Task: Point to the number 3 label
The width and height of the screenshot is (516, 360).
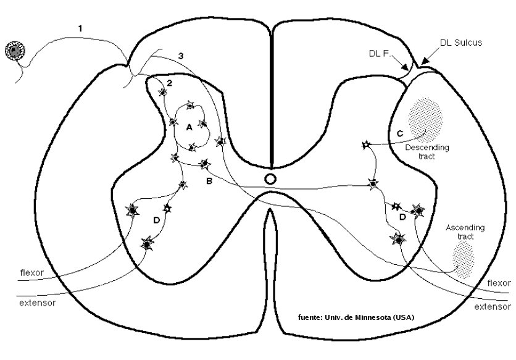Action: coord(180,56)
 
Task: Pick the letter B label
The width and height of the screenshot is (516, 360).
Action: coord(209,182)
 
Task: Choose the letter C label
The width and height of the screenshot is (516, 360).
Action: coord(399,133)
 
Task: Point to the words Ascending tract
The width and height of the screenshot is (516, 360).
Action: coord(464,232)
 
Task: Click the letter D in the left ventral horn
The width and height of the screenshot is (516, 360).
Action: coord(157,220)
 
